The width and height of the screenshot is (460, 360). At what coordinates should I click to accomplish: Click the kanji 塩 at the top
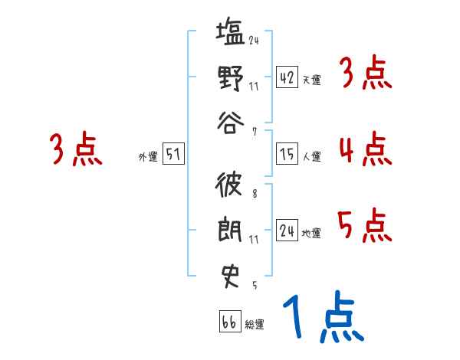click(231, 34)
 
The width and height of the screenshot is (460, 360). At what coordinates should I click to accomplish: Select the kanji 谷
click(231, 123)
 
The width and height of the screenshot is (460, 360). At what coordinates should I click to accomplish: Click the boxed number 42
click(287, 78)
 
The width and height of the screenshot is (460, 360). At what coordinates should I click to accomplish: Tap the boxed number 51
click(173, 155)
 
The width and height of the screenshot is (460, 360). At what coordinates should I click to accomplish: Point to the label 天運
click(311, 80)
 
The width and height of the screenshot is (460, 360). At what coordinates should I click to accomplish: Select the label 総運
click(255, 324)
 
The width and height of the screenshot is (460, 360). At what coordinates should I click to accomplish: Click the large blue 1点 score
click(323, 319)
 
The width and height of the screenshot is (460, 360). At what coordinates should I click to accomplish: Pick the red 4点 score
click(365, 149)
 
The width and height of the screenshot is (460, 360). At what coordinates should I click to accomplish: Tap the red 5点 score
click(365, 224)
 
